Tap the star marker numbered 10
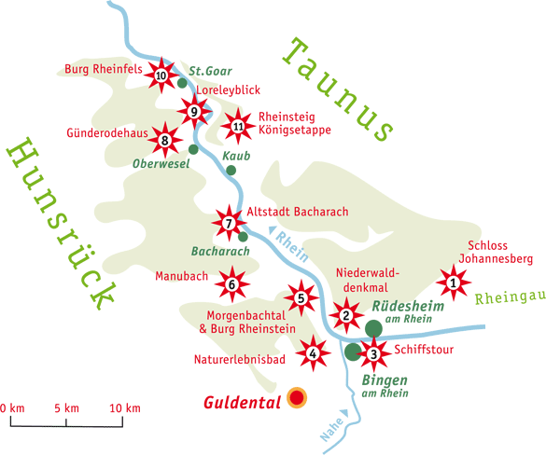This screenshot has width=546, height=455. (x=161, y=75)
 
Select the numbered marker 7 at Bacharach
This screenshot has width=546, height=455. (x=228, y=222)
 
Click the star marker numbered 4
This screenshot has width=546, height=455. (x=313, y=352)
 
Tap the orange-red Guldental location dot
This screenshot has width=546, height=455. (x=298, y=398)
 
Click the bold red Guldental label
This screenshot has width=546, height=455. (x=244, y=404)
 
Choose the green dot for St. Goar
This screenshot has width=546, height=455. (x=182, y=83)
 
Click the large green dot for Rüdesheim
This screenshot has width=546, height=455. (x=373, y=327)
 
